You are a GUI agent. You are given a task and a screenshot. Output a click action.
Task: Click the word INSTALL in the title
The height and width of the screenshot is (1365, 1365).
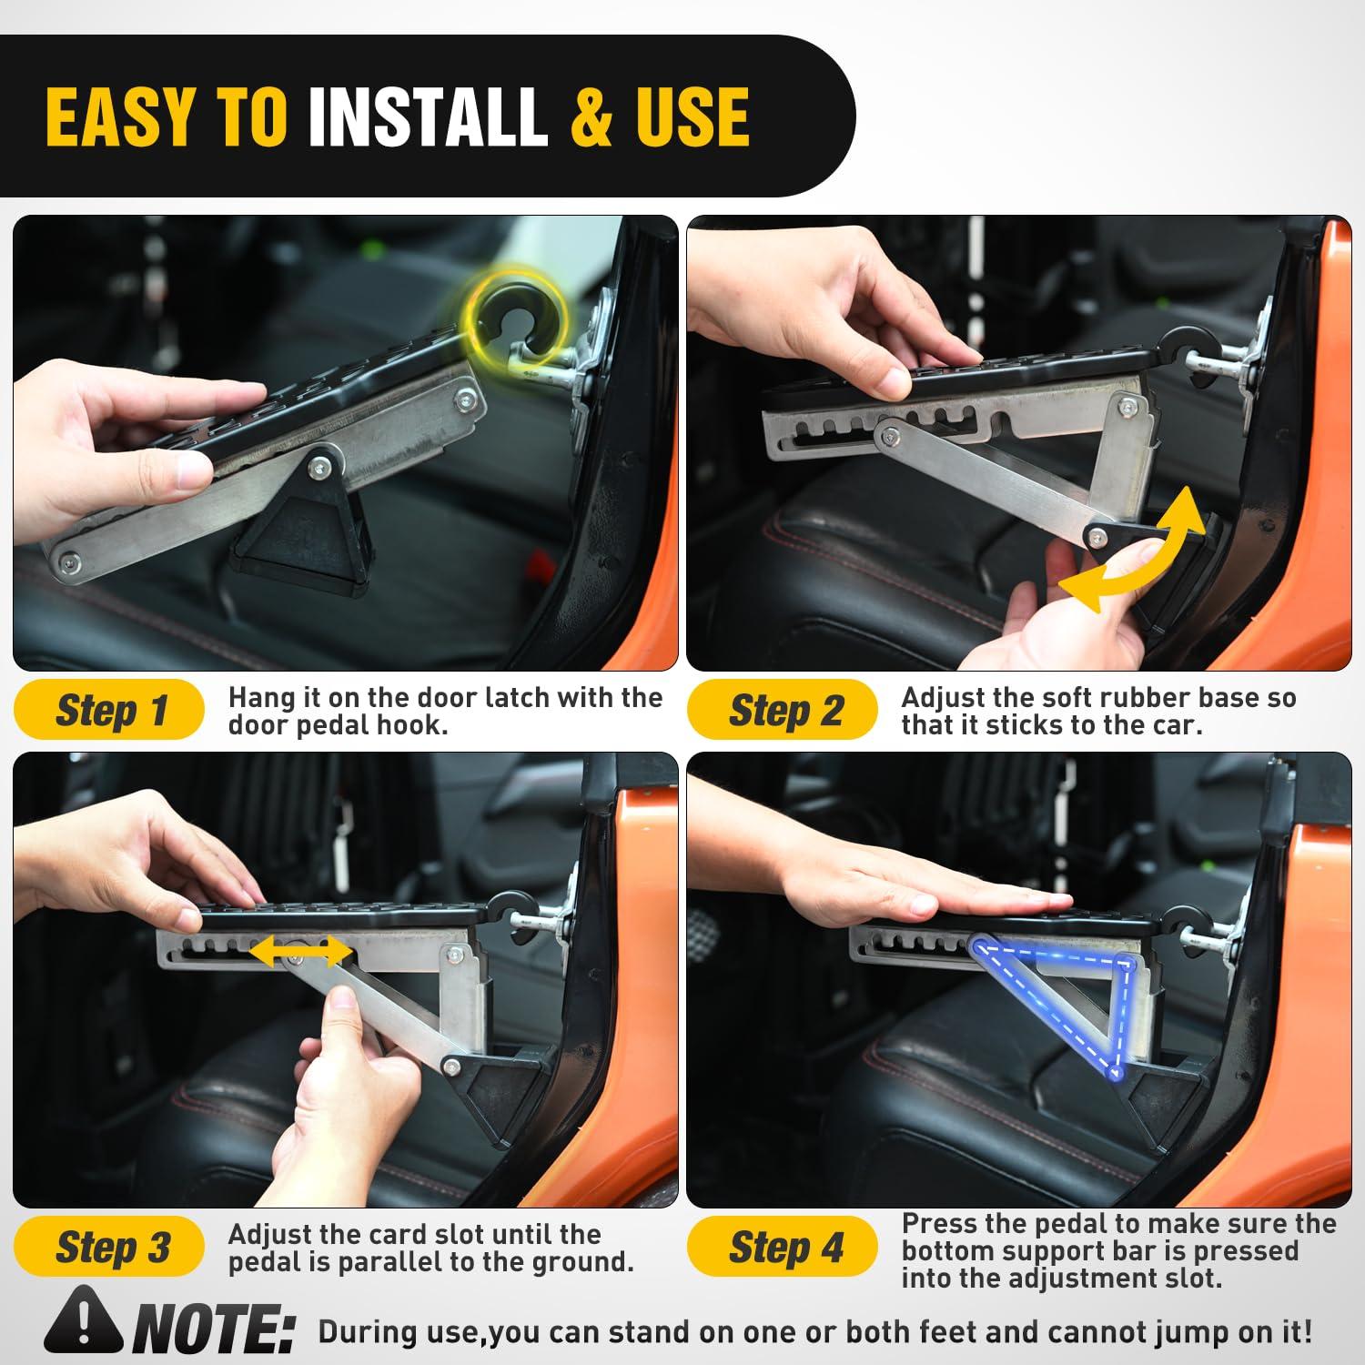point(428,117)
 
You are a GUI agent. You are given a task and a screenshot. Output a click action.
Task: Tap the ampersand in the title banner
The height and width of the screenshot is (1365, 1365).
point(591,117)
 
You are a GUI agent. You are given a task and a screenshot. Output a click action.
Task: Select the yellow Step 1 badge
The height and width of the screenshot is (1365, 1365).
point(109,710)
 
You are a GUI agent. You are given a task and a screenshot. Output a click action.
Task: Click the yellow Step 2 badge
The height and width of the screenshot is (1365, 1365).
point(783,710)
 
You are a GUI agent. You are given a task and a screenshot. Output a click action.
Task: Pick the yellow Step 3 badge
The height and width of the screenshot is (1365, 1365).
point(109,1247)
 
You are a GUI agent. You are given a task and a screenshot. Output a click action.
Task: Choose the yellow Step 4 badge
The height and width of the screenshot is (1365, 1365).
point(783,1247)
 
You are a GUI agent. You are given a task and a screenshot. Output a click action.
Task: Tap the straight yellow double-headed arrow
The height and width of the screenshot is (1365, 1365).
point(300,952)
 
